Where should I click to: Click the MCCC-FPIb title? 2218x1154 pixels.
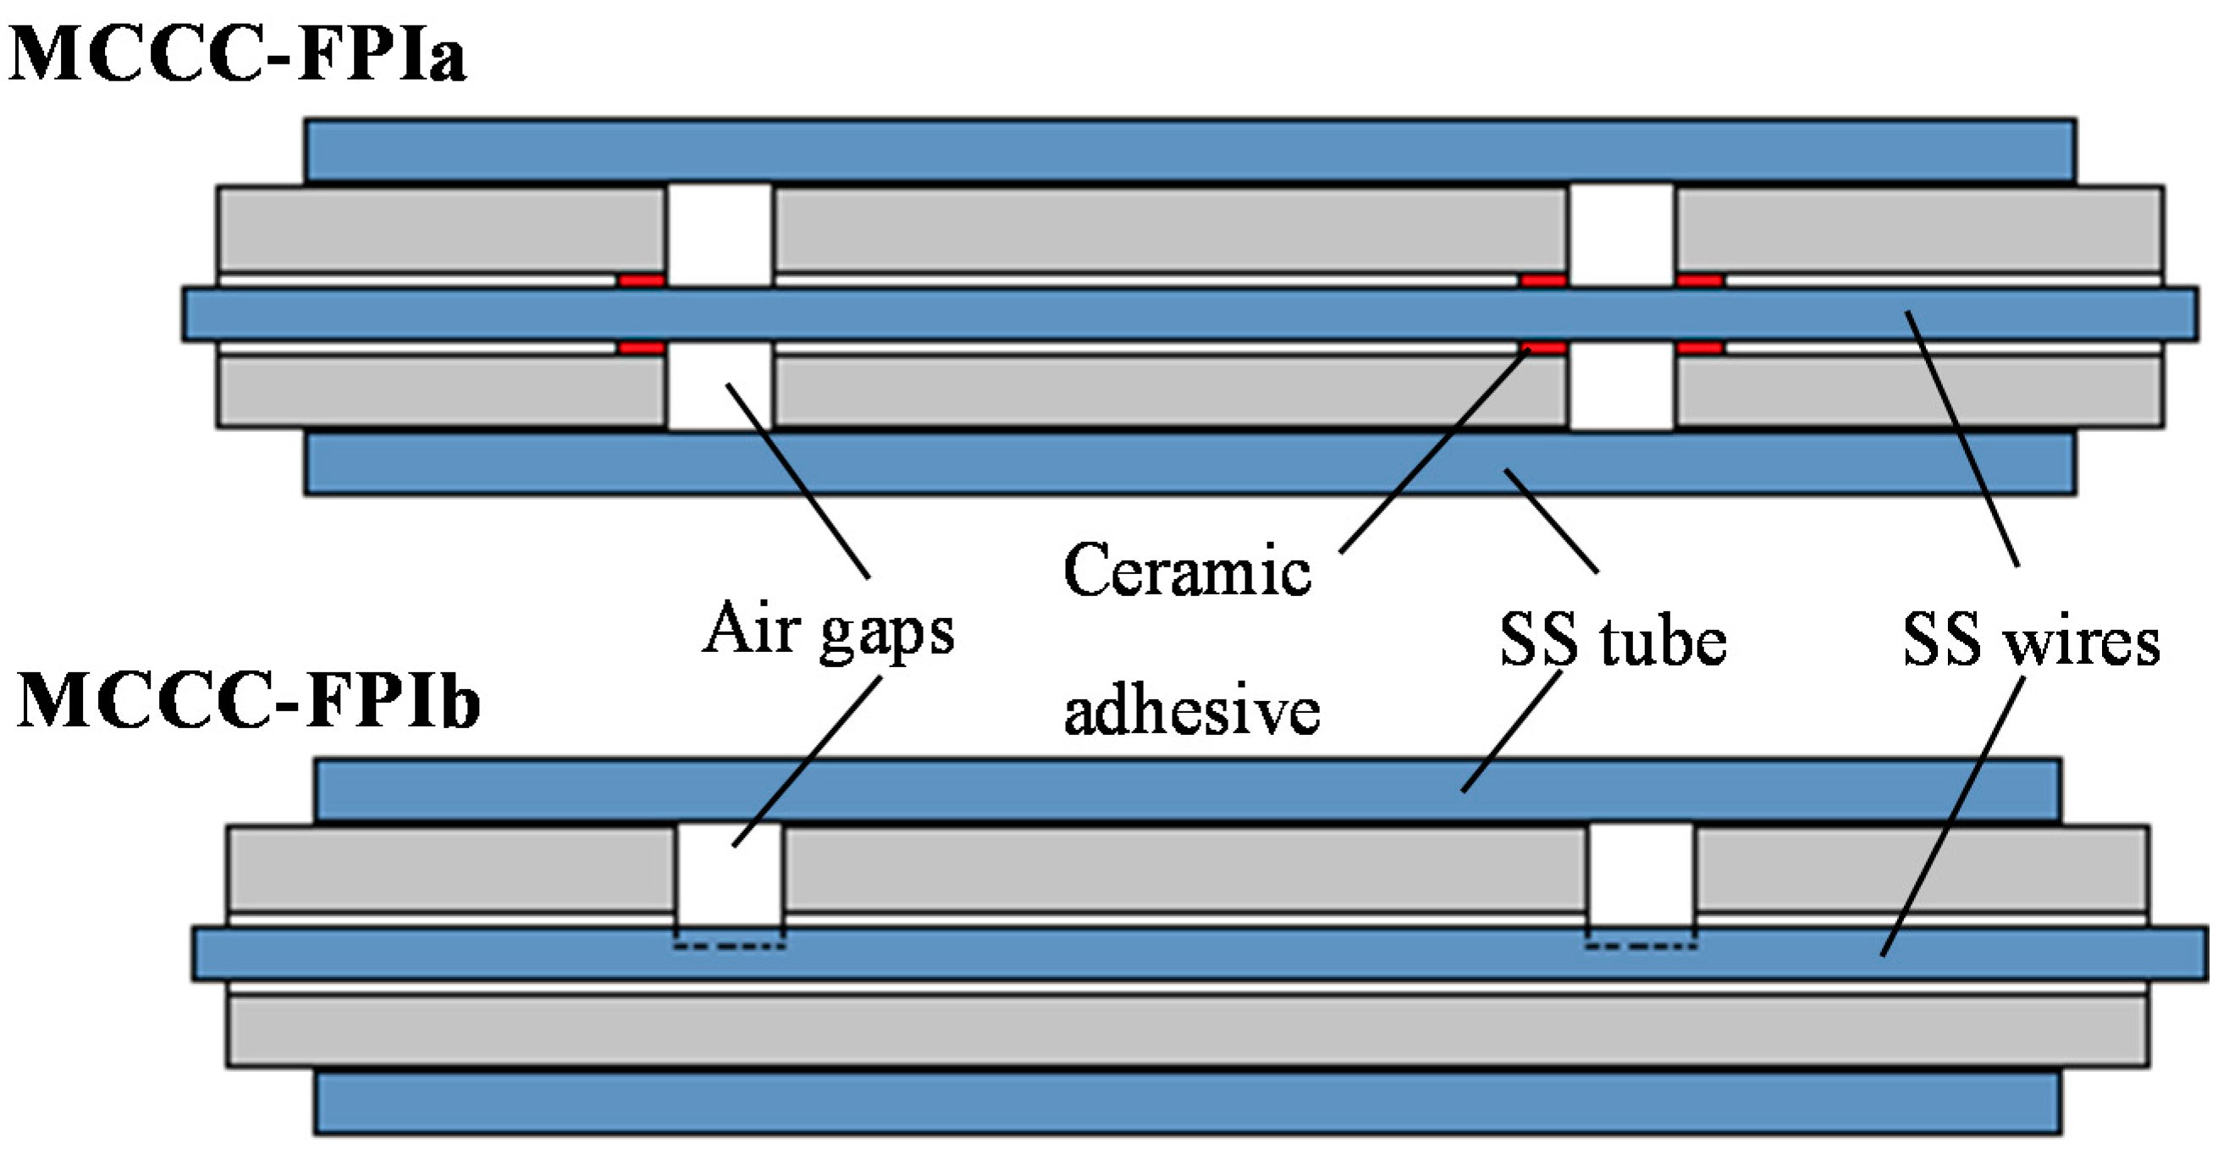tap(248, 703)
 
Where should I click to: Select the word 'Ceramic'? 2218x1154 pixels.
tap(1187, 571)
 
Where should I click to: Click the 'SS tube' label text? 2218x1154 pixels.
tap(1613, 642)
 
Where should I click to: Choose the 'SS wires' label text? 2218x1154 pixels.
tap(2031, 642)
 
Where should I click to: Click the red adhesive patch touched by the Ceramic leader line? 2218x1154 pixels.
tap(1543, 348)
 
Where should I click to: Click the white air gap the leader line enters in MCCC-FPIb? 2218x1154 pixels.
tap(730, 870)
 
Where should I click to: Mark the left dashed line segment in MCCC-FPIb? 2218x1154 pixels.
tap(730, 947)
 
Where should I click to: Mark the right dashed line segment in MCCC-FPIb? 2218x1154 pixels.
tap(1641, 947)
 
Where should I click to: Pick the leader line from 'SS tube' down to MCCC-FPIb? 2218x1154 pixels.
tap(1512, 732)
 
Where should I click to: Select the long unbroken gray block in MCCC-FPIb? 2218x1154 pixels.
tap(1189, 1032)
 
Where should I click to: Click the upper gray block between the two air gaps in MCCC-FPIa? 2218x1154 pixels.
tap(1169, 229)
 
